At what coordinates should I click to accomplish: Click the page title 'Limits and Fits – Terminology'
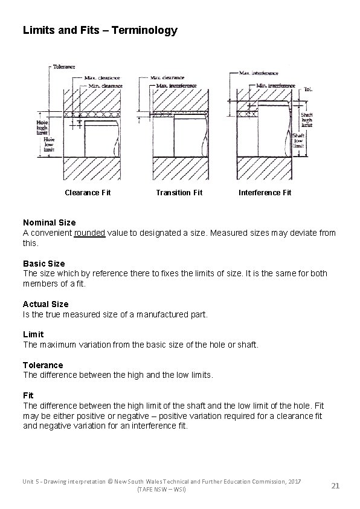pyautogui.click(x=100, y=30)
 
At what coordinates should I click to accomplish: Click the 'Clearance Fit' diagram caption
pyautogui.click(x=88, y=192)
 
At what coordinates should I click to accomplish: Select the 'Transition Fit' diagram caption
pyautogui.click(x=179, y=192)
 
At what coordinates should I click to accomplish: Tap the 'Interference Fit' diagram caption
pyautogui.click(x=265, y=192)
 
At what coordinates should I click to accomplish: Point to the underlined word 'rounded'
pyautogui.click(x=89, y=233)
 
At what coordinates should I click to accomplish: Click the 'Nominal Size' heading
pyautogui.click(x=49, y=222)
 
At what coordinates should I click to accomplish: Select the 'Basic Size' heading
pyautogui.click(x=43, y=264)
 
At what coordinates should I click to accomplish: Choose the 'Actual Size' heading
pyautogui.click(x=45, y=304)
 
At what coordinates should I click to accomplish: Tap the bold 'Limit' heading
pyautogui.click(x=33, y=334)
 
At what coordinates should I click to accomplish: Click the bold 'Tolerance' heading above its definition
pyautogui.click(x=42, y=365)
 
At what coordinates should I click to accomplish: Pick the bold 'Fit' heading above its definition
pyautogui.click(x=28, y=395)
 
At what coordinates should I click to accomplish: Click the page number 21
pyautogui.click(x=336, y=485)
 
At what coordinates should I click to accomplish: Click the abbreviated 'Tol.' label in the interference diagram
pyautogui.click(x=307, y=89)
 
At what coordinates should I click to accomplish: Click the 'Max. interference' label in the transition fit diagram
pyautogui.click(x=176, y=86)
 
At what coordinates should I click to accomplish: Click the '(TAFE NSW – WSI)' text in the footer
pyautogui.click(x=162, y=488)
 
